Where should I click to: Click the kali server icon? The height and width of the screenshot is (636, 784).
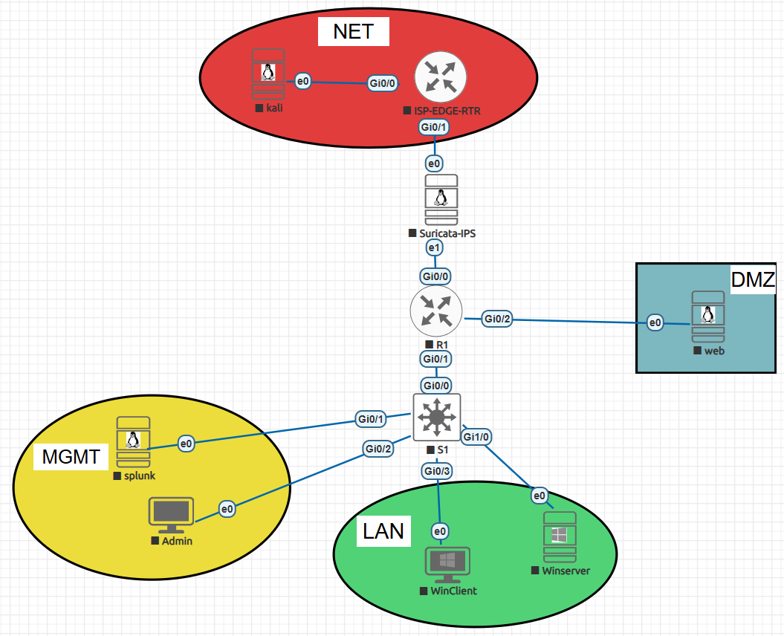pos(268,74)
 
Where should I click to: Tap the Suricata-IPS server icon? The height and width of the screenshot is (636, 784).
pos(441,199)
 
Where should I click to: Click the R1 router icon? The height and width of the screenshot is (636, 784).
pos(436,311)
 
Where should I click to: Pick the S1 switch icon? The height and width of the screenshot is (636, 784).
pos(437,418)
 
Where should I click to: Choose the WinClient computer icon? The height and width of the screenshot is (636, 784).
pos(447,566)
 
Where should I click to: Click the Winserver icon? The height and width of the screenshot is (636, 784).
pos(560,536)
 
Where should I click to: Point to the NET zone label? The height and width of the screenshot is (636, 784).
pos(353,32)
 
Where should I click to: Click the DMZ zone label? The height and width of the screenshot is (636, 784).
pos(753,279)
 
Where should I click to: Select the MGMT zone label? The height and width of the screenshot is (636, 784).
pos(71,456)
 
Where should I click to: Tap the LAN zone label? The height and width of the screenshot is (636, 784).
pos(383,530)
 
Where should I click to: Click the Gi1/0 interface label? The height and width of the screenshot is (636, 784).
pos(476,437)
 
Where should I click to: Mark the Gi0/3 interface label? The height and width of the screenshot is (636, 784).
pos(438,470)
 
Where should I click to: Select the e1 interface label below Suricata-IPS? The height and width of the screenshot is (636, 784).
pos(434,247)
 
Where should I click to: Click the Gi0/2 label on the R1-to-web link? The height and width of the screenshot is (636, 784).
pos(498,319)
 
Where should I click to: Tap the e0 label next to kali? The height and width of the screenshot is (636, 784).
pos(302,81)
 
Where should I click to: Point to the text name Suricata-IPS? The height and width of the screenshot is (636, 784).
pos(447,233)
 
